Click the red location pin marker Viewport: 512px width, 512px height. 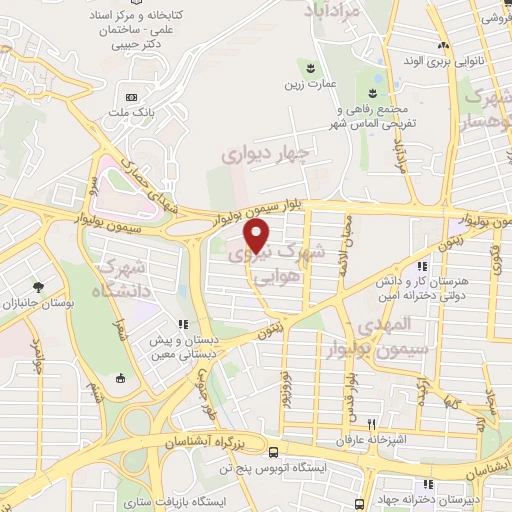pyautogui.click(x=258, y=235)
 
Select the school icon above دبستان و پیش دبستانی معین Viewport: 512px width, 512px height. pyautogui.click(x=182, y=324)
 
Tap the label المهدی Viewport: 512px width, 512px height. pyautogui.click(x=385, y=325)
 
